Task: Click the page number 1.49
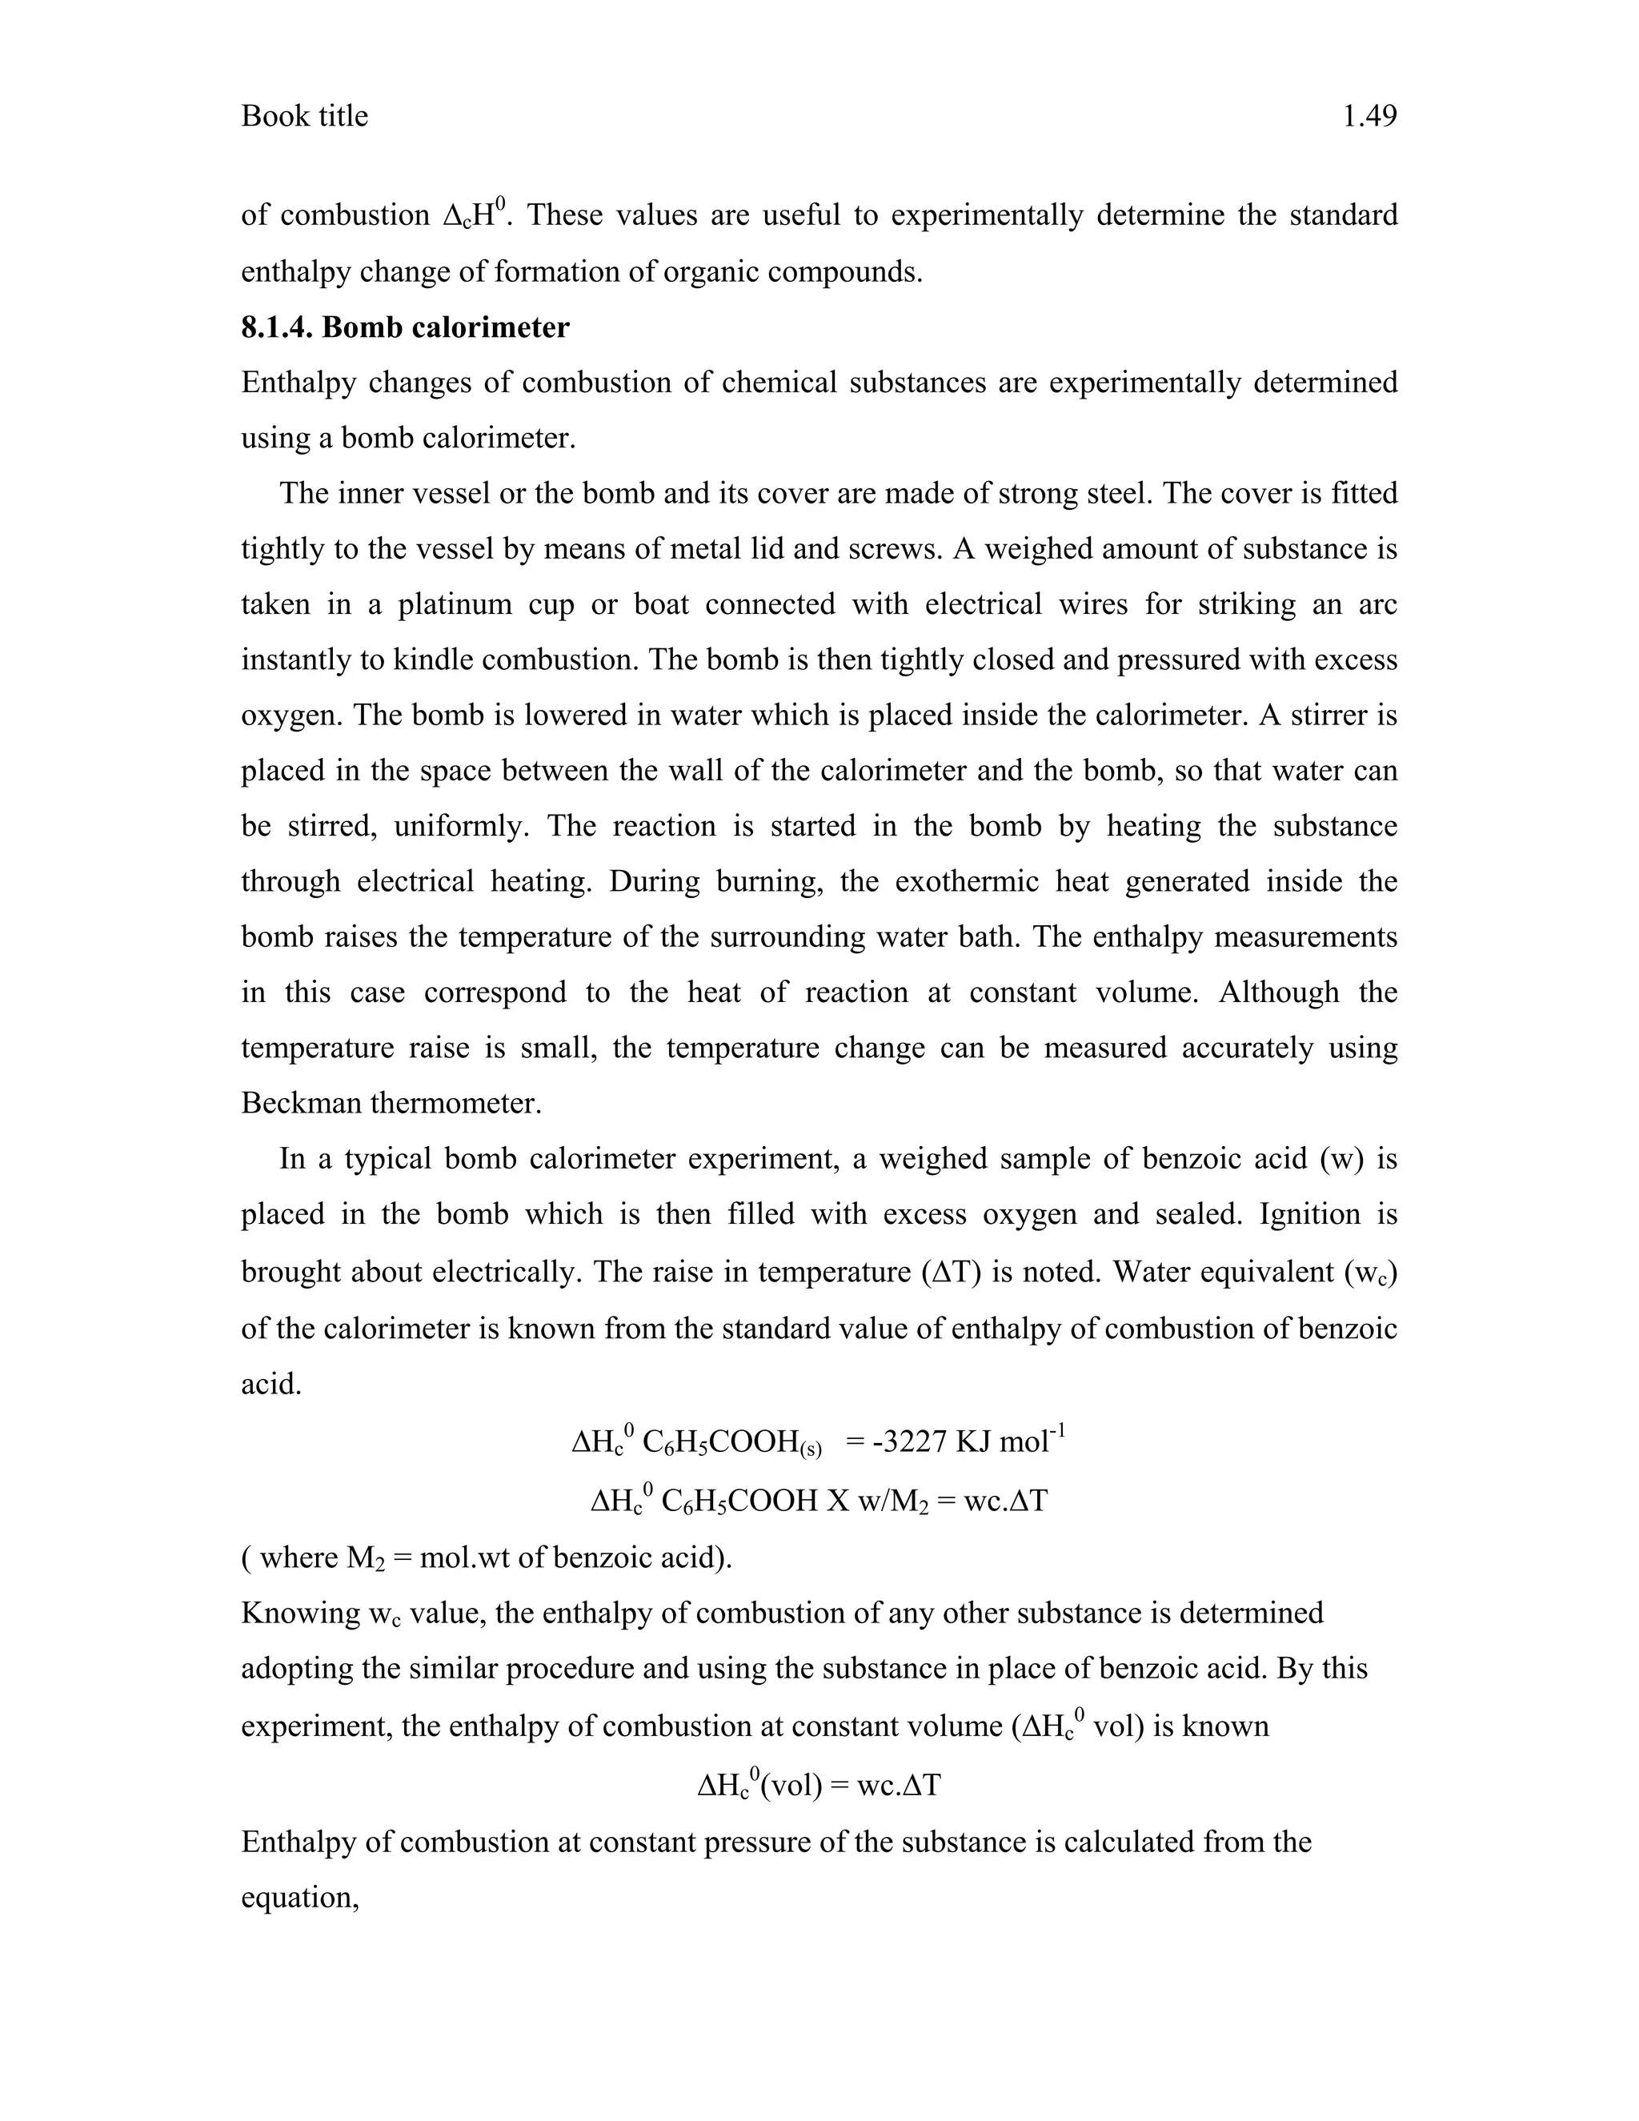point(1369,117)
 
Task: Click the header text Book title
point(304,117)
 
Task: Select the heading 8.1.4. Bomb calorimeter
point(405,327)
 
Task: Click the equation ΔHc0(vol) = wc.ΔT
point(819,1784)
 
